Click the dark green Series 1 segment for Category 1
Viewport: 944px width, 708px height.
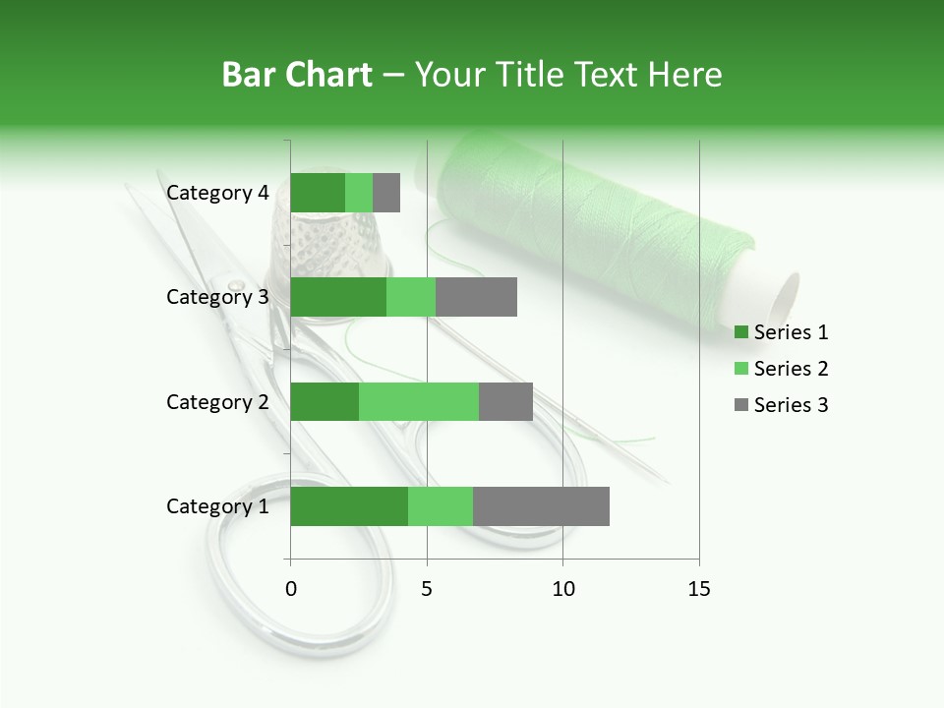(x=349, y=506)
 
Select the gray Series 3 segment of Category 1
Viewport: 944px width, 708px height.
(x=541, y=506)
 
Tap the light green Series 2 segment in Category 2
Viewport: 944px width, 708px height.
(x=419, y=401)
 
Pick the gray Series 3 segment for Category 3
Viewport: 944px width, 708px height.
(x=476, y=297)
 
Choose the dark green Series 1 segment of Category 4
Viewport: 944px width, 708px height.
(x=318, y=193)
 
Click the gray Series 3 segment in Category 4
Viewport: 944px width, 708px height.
(x=386, y=193)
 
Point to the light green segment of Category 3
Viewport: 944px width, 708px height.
(x=411, y=297)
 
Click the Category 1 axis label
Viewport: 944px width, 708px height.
(x=217, y=506)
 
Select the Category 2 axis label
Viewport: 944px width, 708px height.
(x=217, y=401)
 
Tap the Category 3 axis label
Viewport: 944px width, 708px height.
(x=217, y=297)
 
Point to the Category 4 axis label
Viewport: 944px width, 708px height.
(x=217, y=193)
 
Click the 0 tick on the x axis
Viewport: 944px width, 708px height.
(x=291, y=589)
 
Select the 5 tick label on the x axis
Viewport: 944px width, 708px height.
(x=427, y=589)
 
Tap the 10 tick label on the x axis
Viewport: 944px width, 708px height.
(x=562, y=589)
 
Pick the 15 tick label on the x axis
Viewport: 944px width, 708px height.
(x=699, y=589)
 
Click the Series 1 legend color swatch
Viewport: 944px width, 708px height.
(x=740, y=332)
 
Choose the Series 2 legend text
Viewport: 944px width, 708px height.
(x=791, y=369)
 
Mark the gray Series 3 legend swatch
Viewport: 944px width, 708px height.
(x=740, y=405)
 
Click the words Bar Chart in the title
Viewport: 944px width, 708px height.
(x=297, y=75)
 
